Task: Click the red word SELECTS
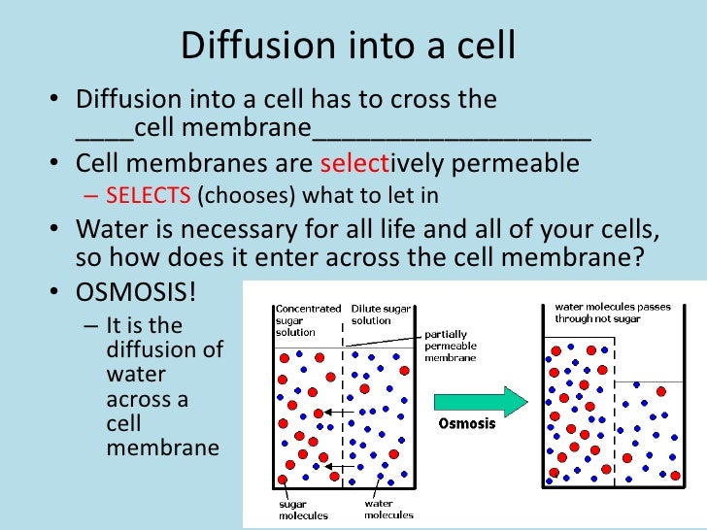[148, 194]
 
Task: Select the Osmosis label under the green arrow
[467, 423]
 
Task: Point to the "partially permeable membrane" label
[451, 346]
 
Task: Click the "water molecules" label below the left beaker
[388, 510]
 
